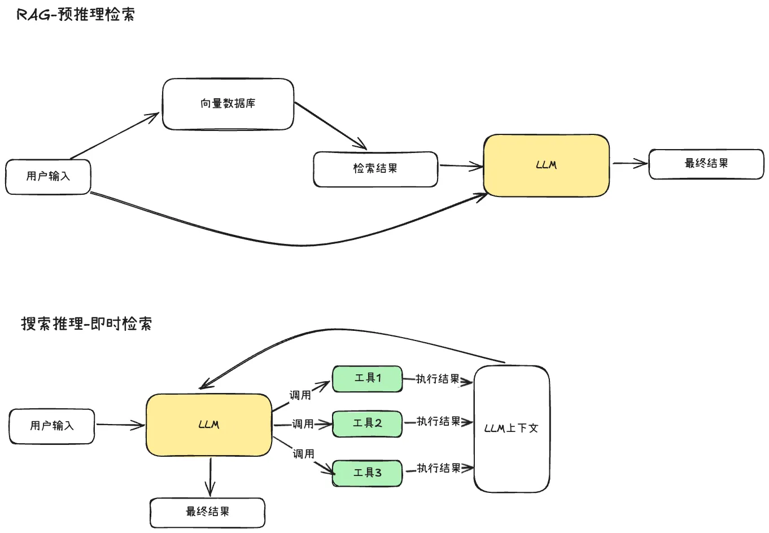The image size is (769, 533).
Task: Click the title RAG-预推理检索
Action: pos(76,15)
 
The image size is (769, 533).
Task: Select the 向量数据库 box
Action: pos(228,104)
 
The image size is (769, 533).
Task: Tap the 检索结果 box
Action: pos(375,169)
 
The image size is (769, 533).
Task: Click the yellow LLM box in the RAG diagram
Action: pos(546,165)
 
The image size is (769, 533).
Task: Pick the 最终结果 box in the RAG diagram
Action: pos(706,164)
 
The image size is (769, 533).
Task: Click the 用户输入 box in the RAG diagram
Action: pos(48,177)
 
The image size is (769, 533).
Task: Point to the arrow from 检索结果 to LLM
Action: pos(460,166)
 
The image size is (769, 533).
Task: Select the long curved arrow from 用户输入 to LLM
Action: pos(294,244)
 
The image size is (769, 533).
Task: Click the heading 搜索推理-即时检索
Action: pos(86,324)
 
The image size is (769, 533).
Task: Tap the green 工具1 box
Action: pos(367,378)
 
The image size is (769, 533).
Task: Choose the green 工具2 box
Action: pos(367,423)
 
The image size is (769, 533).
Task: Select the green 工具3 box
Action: pos(367,473)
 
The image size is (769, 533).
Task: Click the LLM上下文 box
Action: pos(512,429)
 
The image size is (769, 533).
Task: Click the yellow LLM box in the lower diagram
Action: pos(209,425)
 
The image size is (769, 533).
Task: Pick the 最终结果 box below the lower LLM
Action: pos(207,512)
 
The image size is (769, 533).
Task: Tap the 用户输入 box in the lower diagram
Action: pos(51,426)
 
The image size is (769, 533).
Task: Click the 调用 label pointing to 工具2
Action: pos(303,424)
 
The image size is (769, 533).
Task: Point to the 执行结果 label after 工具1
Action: pos(438,379)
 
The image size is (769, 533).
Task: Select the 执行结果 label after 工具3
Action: pos(439,468)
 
